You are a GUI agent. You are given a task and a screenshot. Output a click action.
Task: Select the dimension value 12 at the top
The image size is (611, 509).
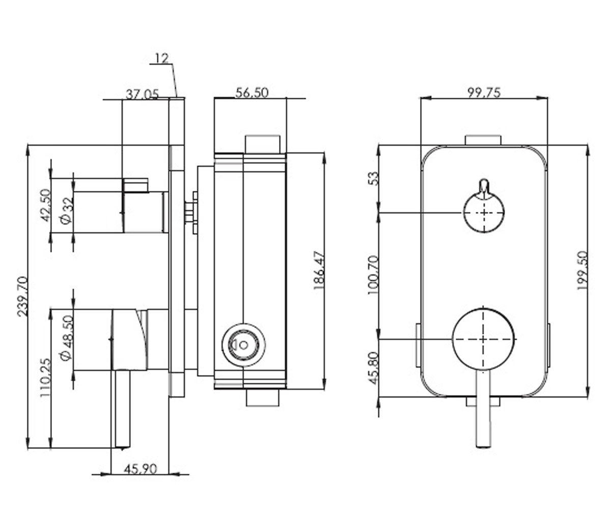[x=161, y=58]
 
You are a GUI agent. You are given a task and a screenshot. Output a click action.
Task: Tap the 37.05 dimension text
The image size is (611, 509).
[x=142, y=95]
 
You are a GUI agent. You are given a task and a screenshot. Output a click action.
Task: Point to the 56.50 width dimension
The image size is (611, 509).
[x=252, y=93]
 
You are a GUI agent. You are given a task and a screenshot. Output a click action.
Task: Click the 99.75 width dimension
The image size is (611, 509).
[x=484, y=93]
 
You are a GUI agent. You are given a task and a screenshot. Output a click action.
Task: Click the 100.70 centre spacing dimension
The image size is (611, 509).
[x=373, y=275]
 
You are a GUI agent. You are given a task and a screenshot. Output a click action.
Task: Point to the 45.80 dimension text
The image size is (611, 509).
[x=374, y=369]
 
